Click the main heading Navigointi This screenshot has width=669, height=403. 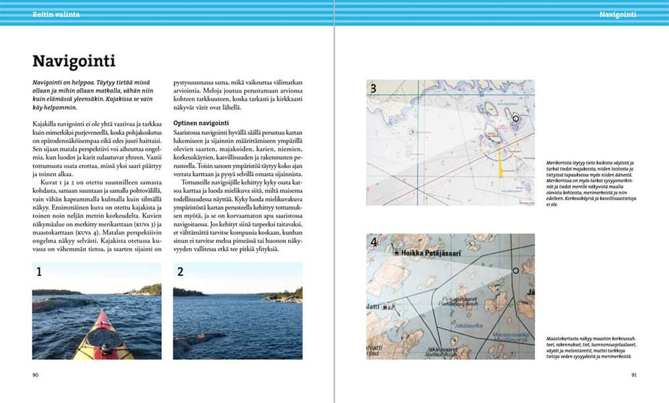74,62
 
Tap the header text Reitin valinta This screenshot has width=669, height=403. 56,14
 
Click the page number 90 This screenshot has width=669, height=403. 36,375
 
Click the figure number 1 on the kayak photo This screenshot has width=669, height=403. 39,272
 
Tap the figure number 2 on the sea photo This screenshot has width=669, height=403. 180,272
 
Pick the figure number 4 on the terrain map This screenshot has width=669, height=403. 373,243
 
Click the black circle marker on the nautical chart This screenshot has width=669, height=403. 515,118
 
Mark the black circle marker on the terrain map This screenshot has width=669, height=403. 515,271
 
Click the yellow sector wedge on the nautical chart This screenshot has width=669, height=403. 500,162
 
